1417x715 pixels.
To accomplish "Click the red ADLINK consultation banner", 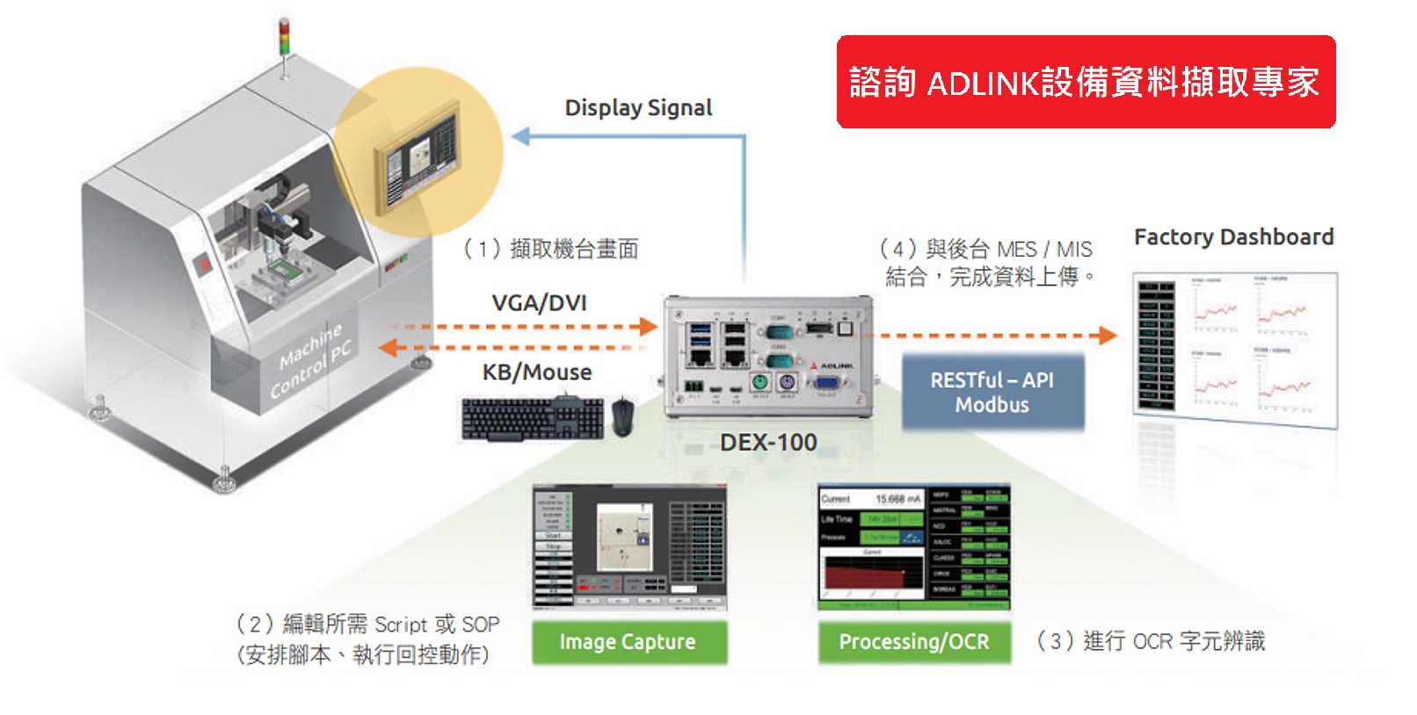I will tap(1085, 82).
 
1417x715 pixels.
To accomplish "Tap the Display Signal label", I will tap(638, 108).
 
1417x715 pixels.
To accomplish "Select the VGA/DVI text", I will tap(539, 303).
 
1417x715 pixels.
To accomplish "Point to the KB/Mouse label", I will tap(537, 373).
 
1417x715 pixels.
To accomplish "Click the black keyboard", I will tap(533, 419).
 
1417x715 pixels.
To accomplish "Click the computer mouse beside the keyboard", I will tap(622, 416).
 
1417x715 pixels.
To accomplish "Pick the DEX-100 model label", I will tap(768, 442).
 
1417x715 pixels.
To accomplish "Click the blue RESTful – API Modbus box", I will tap(992, 392).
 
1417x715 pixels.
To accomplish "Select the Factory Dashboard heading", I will tap(1233, 237).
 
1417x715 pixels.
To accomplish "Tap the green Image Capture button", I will tap(629, 642).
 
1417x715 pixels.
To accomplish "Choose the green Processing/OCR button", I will tap(914, 642).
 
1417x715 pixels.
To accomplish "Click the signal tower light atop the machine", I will tap(284, 40).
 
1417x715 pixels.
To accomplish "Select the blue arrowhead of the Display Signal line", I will tap(520, 136).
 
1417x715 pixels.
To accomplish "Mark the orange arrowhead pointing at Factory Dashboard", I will tap(1108, 335).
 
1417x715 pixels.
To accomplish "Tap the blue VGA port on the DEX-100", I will tap(825, 383).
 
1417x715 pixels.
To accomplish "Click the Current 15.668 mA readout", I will tap(870, 499).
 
